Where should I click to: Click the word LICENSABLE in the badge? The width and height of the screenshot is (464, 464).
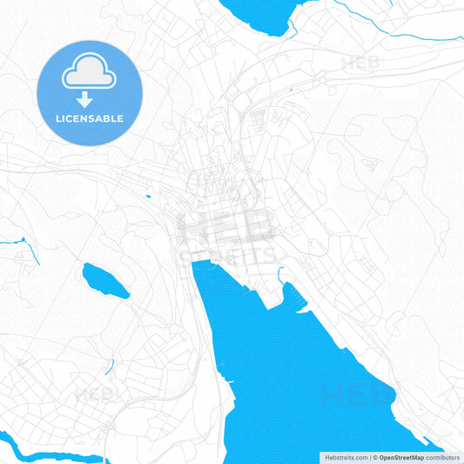90,118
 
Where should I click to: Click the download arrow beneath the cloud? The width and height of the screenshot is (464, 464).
90,99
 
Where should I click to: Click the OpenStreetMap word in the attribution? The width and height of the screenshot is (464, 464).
401,457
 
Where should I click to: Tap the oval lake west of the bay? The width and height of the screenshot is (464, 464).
105,280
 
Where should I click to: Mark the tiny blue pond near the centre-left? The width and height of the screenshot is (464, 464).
148,197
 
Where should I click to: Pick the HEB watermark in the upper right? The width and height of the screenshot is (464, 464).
360,63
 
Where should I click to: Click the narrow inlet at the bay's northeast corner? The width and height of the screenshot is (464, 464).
281,277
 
